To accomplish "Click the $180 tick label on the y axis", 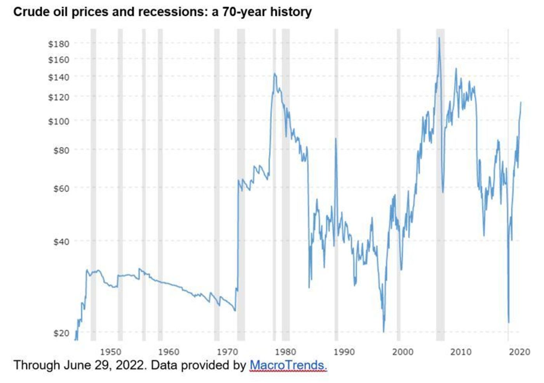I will click(59, 44).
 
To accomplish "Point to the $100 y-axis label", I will click(59, 121).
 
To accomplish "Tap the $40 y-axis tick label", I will click(61, 242).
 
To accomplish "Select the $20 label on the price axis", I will click(61, 333).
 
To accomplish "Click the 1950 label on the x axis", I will click(111, 352).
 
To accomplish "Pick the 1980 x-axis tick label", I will click(286, 352).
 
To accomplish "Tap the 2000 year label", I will click(403, 352).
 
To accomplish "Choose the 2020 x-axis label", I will click(520, 352).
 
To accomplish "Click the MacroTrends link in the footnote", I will click(288, 365).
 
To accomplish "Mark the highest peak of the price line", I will click(439, 38).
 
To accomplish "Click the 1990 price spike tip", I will click(336, 138).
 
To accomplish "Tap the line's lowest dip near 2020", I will click(509, 322).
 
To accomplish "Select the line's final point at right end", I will click(521, 102).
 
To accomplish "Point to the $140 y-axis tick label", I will click(59, 77).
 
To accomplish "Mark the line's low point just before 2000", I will click(384, 332).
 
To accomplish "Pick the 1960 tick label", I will click(169, 352).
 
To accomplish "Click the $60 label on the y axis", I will click(61, 188).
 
